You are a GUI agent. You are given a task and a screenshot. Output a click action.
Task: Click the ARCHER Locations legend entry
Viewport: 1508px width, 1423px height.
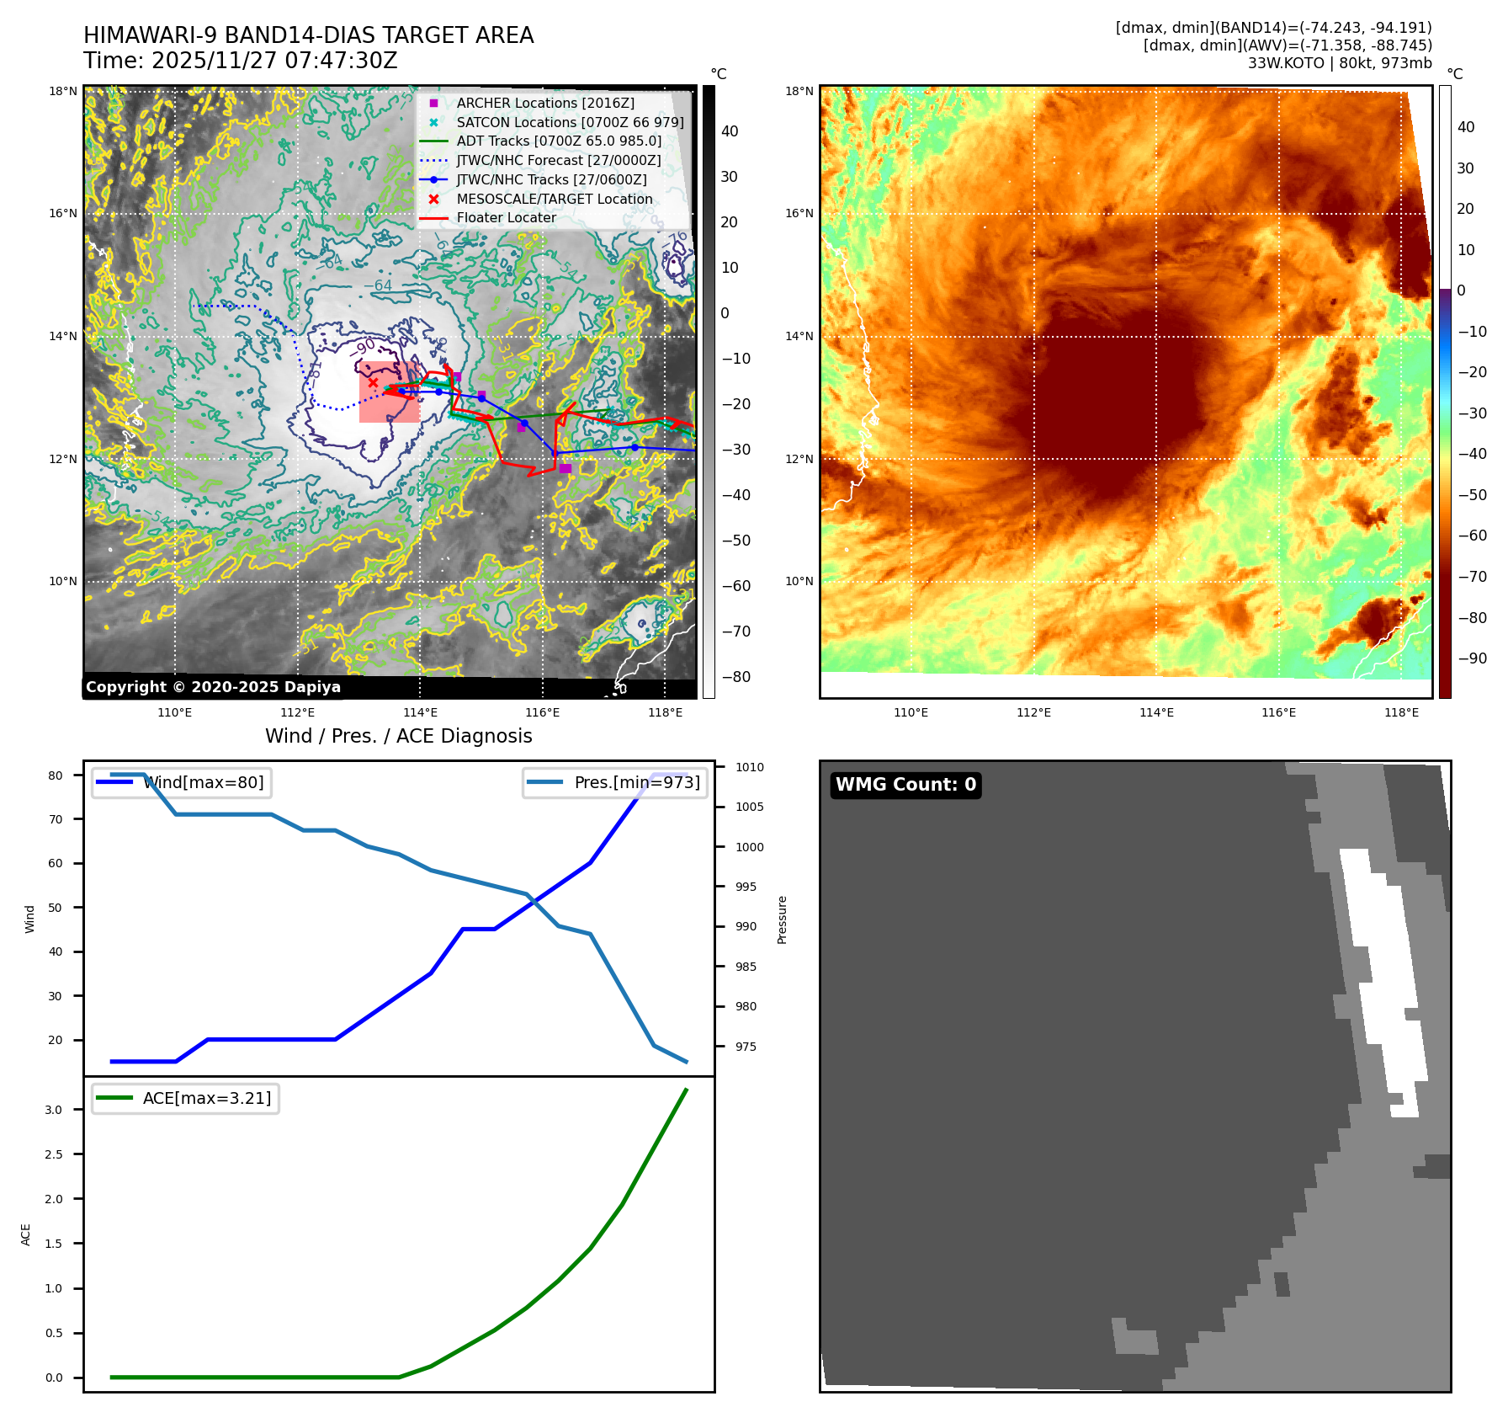pos(545,103)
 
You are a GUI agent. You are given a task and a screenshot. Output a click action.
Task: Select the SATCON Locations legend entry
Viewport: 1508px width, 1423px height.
pos(570,122)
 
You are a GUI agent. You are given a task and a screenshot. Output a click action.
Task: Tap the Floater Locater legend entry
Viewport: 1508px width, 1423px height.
pos(506,217)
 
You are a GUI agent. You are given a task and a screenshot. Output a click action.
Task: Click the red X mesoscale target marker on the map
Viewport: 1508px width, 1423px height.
pos(373,382)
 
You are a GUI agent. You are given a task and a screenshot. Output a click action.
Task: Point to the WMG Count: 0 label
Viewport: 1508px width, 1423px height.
pos(905,785)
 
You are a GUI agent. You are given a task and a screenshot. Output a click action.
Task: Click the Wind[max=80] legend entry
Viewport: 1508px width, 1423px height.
pos(203,782)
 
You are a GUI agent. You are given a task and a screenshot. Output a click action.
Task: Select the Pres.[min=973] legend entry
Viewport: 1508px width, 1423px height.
pos(636,782)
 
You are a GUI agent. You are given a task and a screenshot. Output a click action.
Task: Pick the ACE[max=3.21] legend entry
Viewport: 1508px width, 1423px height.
pos(206,1098)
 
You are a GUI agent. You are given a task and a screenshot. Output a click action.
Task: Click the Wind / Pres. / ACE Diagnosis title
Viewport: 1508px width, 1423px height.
pos(398,736)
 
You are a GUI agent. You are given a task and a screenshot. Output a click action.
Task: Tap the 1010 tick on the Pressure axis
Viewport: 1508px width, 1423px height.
pos(749,767)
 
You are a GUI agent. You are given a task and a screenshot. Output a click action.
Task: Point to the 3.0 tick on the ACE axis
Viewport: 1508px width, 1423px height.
pos(54,1110)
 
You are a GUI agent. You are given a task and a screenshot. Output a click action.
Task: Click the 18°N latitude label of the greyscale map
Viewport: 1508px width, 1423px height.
pos(63,91)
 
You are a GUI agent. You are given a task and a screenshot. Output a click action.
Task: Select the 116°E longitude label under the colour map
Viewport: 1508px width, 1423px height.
pos(1278,712)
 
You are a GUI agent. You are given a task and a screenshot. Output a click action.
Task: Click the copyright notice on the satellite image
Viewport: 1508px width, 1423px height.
pos(213,687)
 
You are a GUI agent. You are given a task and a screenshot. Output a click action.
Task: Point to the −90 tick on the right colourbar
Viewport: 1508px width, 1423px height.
pos(1472,658)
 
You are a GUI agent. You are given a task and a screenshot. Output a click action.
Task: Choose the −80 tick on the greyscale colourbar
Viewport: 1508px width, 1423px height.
pos(735,677)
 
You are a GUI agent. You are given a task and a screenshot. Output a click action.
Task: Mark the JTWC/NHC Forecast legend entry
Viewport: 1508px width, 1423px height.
pos(558,160)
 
